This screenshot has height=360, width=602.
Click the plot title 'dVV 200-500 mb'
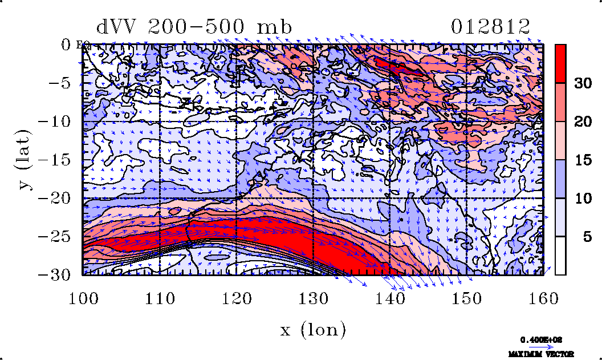coord(194,27)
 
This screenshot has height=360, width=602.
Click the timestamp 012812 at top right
coord(490,27)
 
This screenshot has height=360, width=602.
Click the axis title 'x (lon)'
coord(312,330)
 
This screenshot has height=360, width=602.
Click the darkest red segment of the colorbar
coord(560,63)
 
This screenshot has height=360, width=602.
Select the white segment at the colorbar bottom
coord(560,256)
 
